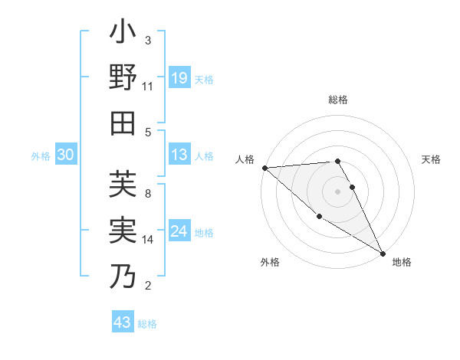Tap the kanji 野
point(123,78)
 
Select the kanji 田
point(123,123)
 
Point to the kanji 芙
point(123,185)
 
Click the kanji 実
point(123,230)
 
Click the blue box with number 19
point(179,77)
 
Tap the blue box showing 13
point(179,155)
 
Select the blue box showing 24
point(179,231)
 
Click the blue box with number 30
point(66,155)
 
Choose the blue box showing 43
point(123,322)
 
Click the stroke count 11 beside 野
point(147,87)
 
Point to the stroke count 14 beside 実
point(147,240)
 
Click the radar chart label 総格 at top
point(338,100)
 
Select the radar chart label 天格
point(432,159)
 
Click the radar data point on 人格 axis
point(264,167)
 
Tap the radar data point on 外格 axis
point(319,217)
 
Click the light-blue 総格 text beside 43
point(147,324)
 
